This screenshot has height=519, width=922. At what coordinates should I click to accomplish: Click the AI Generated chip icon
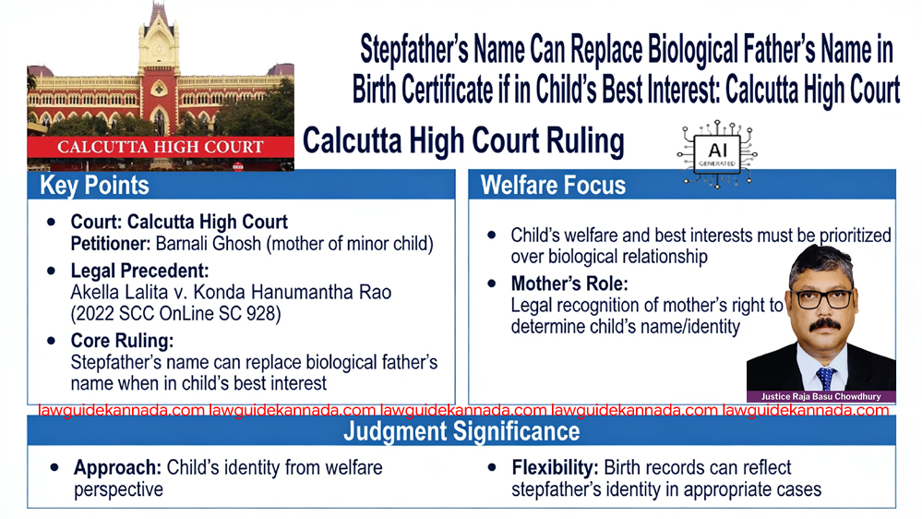(x=717, y=154)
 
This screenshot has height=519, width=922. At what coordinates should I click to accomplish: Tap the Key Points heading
(x=94, y=186)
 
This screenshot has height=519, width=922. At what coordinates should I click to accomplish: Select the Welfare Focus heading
(x=553, y=186)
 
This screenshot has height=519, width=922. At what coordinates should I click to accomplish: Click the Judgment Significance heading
(x=461, y=431)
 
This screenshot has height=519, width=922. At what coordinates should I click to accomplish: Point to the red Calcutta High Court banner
(x=161, y=147)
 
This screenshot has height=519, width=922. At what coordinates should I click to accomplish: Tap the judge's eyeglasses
(x=823, y=299)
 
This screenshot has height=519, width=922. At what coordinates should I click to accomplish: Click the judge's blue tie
(x=826, y=378)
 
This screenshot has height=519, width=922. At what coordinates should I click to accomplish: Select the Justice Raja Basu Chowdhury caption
(x=820, y=396)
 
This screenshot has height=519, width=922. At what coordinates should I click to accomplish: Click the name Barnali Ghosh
(x=209, y=244)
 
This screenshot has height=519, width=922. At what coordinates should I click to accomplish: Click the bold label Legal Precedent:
(x=140, y=271)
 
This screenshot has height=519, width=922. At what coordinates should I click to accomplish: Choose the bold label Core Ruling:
(x=123, y=341)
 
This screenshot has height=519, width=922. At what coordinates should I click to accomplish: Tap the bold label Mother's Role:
(x=569, y=284)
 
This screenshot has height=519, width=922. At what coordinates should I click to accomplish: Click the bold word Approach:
(x=117, y=468)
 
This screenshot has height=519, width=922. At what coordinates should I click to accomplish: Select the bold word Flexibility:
(x=555, y=468)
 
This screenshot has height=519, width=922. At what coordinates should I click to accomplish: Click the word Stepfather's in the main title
(x=414, y=50)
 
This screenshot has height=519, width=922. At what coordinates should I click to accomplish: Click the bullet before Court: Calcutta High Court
(x=51, y=223)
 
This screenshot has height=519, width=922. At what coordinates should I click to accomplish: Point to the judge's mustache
(x=825, y=324)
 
